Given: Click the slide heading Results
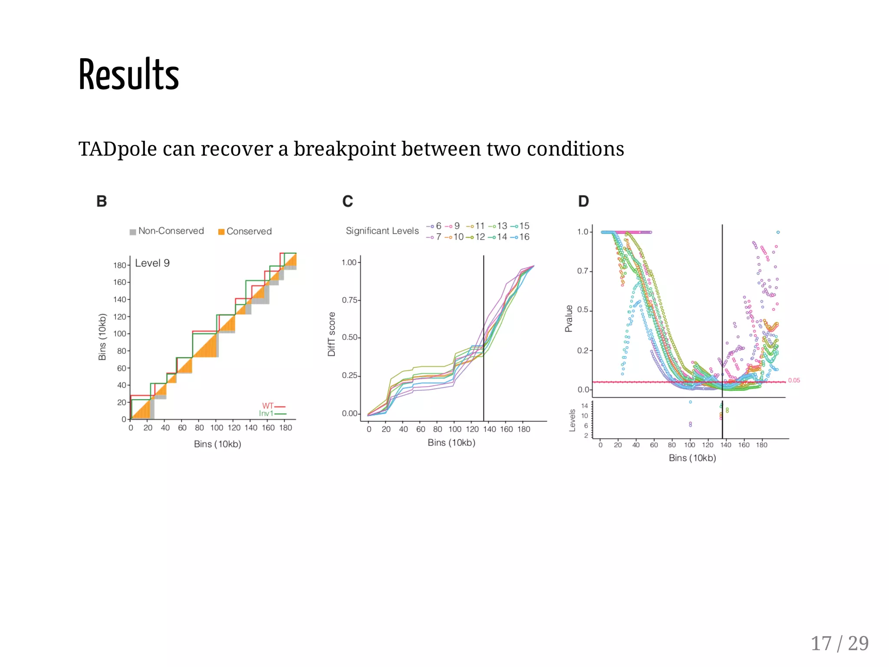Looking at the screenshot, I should pos(128,75).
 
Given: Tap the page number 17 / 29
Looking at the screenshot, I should pos(839,643).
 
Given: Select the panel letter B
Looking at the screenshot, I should pos(102,201).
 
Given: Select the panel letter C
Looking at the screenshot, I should pos(347,201).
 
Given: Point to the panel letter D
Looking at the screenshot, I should pos(583,201).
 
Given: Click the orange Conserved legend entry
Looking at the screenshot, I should pos(245,231).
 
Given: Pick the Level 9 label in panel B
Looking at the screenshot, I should pos(152,263).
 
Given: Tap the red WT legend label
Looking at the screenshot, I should pos(268,406).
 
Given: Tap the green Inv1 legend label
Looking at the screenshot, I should pos(266,413).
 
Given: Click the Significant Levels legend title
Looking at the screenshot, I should pos(382,231).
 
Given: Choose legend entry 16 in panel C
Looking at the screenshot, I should pos(524,237).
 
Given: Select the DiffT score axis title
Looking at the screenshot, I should pos(332,334).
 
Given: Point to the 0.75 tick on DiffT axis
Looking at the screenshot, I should pos(349,300).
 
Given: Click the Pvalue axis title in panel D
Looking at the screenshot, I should pos(569,318).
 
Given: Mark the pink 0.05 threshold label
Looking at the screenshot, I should pos(794,380).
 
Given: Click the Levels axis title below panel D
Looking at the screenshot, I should pos(572,420).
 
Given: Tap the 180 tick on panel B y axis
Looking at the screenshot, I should pos(119,265).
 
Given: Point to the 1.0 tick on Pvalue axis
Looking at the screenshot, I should pos(583,232).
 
